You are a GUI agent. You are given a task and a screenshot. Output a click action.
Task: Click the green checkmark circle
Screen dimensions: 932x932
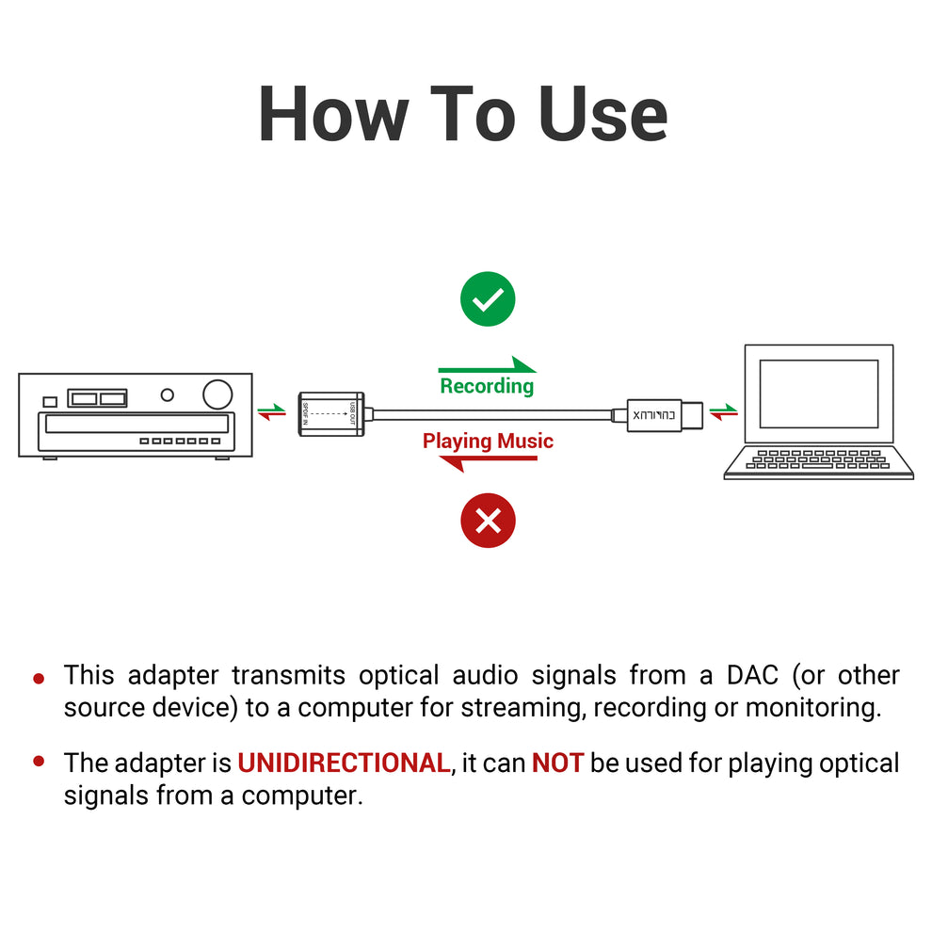(488, 299)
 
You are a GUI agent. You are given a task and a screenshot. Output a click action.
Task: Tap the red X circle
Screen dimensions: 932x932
(488, 520)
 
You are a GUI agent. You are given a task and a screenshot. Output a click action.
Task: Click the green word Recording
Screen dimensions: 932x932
(487, 386)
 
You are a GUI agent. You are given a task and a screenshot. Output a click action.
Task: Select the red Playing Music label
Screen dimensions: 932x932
(488, 442)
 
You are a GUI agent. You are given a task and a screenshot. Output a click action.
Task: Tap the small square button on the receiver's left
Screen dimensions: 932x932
(51, 402)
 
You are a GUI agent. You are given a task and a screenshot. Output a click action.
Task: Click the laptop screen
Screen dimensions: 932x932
(818, 394)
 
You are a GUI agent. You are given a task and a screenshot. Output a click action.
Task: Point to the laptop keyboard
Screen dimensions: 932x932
(817, 458)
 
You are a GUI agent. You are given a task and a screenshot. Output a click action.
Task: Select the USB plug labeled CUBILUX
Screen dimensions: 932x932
(656, 414)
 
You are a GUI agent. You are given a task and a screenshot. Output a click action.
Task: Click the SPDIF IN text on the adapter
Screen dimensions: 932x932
(305, 413)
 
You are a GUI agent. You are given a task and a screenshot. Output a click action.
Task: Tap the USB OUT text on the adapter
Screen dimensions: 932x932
(352, 413)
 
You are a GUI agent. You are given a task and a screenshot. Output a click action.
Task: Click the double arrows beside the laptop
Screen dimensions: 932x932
(724, 411)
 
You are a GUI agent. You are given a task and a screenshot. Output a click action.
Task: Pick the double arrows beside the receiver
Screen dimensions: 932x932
(271, 411)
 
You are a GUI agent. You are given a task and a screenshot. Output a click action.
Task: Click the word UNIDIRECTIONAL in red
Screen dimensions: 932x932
(344, 763)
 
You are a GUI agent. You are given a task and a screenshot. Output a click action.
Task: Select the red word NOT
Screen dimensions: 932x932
(557, 763)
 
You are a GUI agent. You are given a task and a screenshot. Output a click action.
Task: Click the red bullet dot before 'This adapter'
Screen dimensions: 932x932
(39, 678)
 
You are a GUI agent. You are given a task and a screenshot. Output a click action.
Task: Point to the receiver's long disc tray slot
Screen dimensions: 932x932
(135, 425)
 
